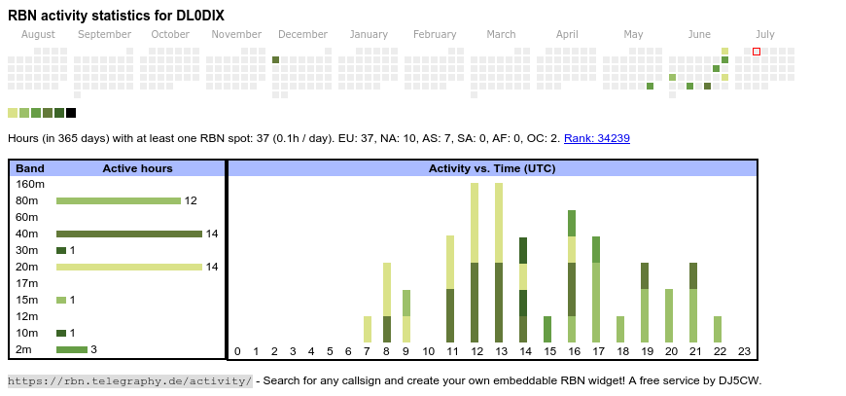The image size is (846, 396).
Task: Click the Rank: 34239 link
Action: point(596,138)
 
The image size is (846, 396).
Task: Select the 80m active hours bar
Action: point(119,201)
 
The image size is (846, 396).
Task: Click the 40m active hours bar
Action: point(129,234)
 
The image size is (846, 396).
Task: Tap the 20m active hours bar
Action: point(129,267)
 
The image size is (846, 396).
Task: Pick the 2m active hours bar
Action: point(72,349)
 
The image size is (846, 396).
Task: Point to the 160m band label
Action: point(31,184)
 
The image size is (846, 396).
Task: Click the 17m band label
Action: point(27,283)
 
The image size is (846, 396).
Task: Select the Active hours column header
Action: point(137,168)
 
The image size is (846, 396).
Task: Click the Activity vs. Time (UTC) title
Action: point(492,168)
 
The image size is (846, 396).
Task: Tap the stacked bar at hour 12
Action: point(475,263)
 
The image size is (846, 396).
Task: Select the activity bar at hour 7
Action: point(368,329)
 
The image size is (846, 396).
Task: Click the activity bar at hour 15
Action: point(547,329)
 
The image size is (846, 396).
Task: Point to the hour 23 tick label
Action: point(744,351)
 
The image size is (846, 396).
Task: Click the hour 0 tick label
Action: point(237,351)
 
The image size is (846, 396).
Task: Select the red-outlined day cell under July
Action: point(757,52)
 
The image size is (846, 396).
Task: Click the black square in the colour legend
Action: point(71,113)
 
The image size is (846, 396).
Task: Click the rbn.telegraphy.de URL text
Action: point(129,380)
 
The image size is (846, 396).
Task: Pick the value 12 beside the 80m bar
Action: point(191,201)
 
